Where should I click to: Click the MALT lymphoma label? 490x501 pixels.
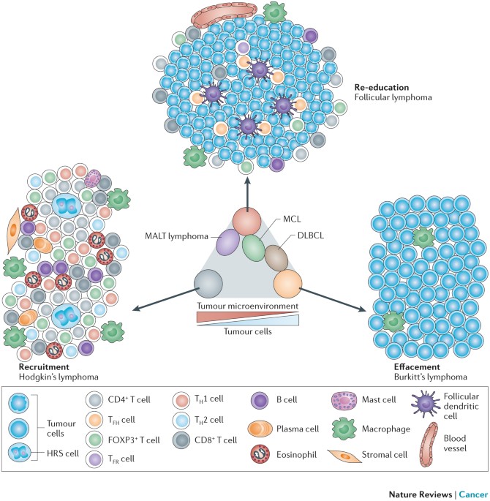(x=181, y=234)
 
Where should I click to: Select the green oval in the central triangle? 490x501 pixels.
(x=254, y=246)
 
